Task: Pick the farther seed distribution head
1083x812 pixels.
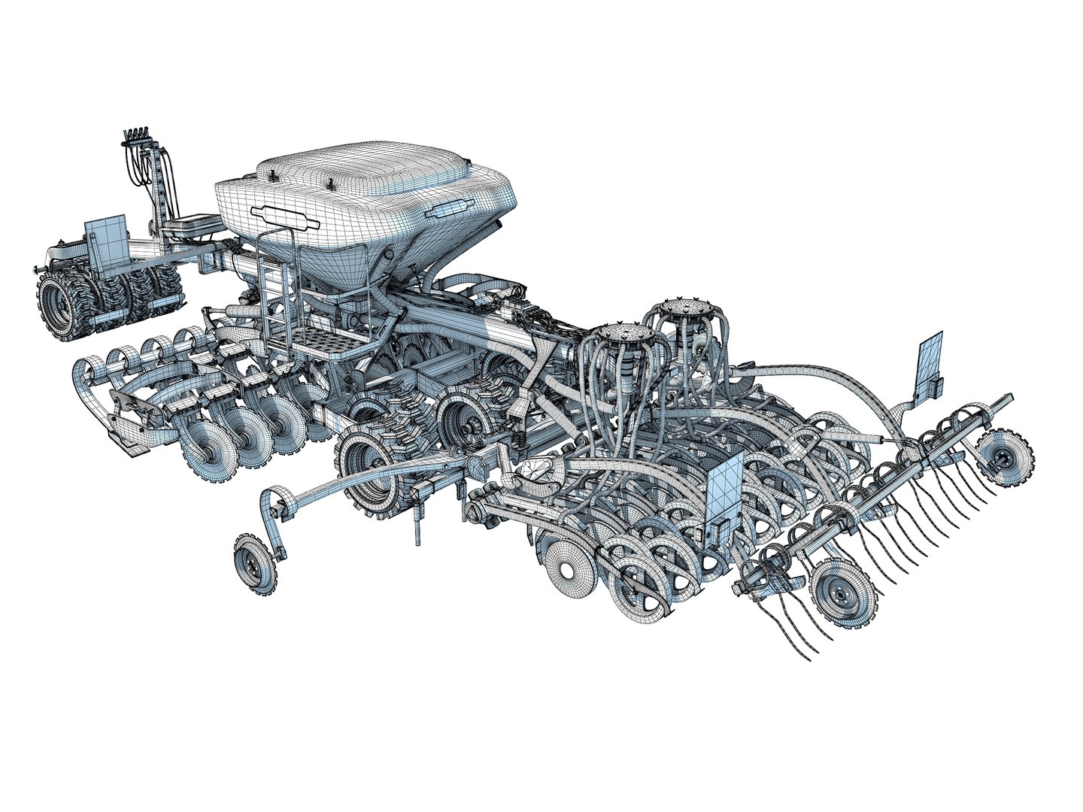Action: (x=681, y=308)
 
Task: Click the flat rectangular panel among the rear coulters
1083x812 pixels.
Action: (x=724, y=492)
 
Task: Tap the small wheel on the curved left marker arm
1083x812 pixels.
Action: (x=253, y=563)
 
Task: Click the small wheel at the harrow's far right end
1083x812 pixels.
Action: (x=1005, y=454)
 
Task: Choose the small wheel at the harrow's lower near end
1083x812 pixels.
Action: (x=843, y=594)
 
